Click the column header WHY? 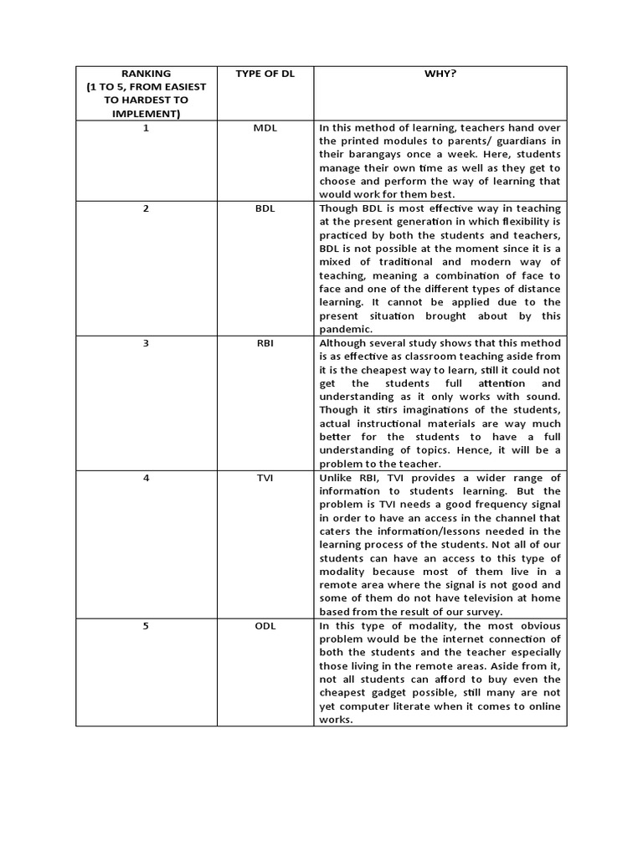(x=440, y=74)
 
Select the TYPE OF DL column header (x=265, y=74)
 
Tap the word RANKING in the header (x=146, y=74)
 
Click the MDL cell (x=265, y=128)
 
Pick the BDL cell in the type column (x=265, y=208)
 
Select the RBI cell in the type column (x=265, y=342)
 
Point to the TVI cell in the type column (x=265, y=478)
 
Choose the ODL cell (x=265, y=626)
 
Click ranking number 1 (x=146, y=128)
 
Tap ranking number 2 (x=146, y=208)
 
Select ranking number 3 (x=146, y=342)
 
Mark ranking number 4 (x=146, y=478)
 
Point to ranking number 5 (x=146, y=626)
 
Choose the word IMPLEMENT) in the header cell (x=146, y=114)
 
